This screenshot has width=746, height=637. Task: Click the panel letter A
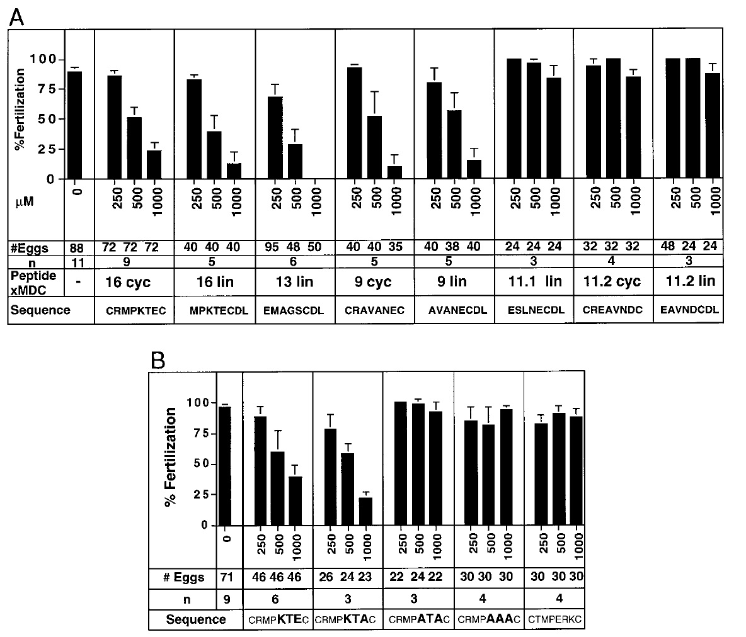(16, 16)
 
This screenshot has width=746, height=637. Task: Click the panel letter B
(159, 361)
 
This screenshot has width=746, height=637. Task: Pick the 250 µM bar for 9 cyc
(354, 123)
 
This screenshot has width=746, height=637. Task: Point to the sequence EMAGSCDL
(296, 310)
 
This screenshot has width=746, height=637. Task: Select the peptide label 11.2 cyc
(612, 281)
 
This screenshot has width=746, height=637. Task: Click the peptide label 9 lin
(454, 281)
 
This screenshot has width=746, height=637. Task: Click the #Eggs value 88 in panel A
(77, 247)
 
